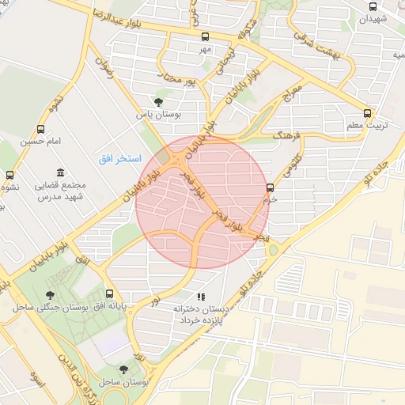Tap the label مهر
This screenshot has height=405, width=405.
[206, 49]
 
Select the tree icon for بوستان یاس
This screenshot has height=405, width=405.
[158, 102]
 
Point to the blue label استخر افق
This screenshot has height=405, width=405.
[119, 159]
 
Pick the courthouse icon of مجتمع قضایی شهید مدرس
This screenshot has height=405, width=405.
[61, 173]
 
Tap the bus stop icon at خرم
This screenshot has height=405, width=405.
[271, 187]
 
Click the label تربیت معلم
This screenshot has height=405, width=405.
[366, 126]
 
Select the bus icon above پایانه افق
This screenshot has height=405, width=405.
[109, 293]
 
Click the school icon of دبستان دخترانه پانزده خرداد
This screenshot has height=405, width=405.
[201, 297]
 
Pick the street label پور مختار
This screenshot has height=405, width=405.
[178, 80]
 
